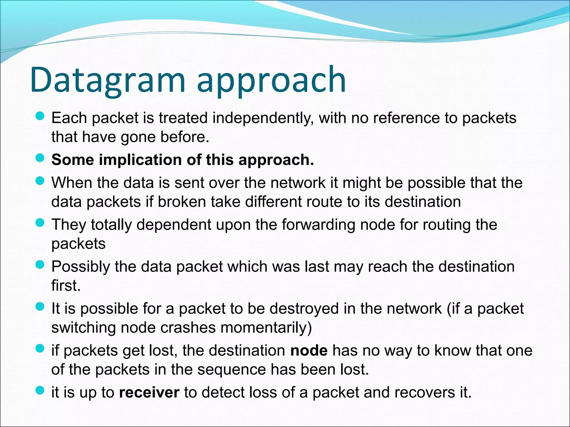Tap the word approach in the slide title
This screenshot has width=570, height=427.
click(271, 81)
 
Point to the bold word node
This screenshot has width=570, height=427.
click(309, 351)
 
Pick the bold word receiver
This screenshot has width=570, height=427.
click(149, 393)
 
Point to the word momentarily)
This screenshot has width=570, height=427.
click(266, 328)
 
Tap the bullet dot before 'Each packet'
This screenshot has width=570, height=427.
click(40, 116)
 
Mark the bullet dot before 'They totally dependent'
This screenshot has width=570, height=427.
click(40, 223)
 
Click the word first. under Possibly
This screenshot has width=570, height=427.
click(66, 286)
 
